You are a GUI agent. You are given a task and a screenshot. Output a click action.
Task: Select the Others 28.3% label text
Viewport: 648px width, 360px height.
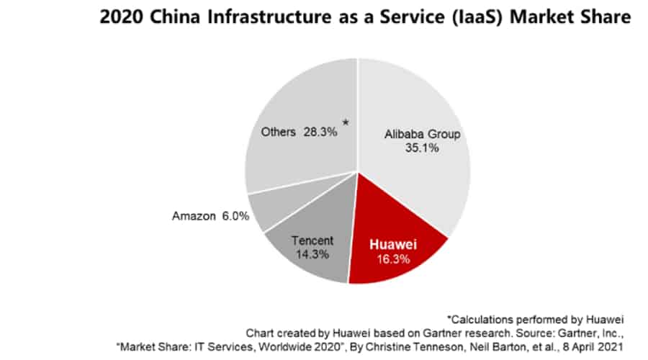point(298,133)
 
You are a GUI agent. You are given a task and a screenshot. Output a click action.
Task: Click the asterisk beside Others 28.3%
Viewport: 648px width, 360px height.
point(346,124)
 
